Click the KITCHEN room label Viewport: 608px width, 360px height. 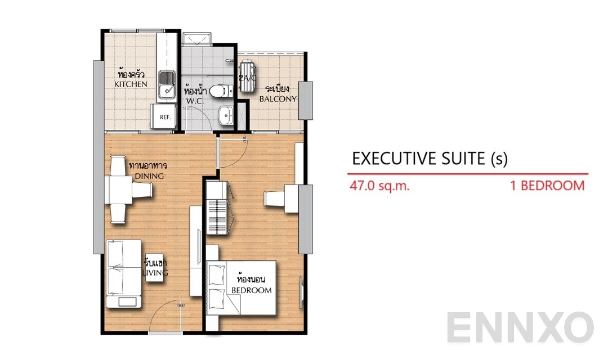(131, 84)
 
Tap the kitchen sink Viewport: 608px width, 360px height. (166, 84)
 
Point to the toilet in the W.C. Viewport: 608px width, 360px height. (221, 91)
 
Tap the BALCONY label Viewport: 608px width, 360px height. (278, 99)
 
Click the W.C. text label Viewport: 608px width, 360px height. (194, 102)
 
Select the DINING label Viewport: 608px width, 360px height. (149, 176)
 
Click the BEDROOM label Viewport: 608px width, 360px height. (251, 290)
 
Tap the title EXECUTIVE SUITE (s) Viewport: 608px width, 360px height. (430, 159)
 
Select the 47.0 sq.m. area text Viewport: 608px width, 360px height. (379, 186)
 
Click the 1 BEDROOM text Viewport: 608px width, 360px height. (547, 186)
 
